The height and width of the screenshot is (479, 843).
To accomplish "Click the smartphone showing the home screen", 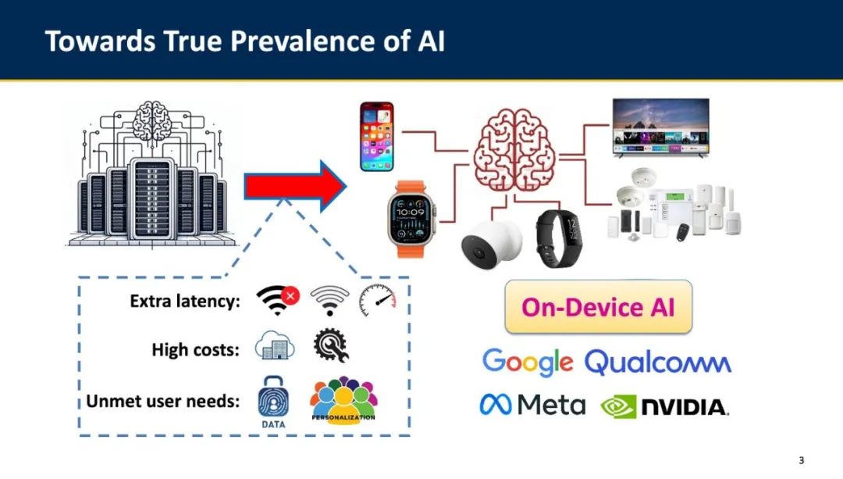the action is click(377, 137).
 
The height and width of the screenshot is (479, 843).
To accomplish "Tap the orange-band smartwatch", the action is click(411, 219).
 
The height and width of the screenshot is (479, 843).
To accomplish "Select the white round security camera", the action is click(492, 243).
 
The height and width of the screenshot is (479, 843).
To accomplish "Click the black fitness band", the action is click(559, 238).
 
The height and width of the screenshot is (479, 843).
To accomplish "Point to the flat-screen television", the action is click(661, 127).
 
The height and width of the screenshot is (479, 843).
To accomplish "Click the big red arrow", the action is click(295, 186).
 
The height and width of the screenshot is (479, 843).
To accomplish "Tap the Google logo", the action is click(528, 362).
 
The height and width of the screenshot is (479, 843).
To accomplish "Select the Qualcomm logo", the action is click(657, 363).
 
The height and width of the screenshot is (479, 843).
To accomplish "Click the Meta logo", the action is click(532, 405).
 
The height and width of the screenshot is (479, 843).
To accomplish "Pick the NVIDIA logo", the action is click(664, 407).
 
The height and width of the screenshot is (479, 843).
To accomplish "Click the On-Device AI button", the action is click(599, 307).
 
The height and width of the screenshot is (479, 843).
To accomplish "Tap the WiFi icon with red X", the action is click(278, 300).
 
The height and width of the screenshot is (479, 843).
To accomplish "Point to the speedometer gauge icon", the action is click(378, 300).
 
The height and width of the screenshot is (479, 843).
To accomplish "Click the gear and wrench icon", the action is click(331, 345).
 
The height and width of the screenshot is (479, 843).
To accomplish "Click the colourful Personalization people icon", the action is click(343, 400).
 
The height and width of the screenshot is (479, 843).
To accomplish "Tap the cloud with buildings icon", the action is click(275, 345).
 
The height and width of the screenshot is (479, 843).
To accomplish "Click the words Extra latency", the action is click(185, 301).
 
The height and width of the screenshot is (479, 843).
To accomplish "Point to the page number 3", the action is click(801, 460).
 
